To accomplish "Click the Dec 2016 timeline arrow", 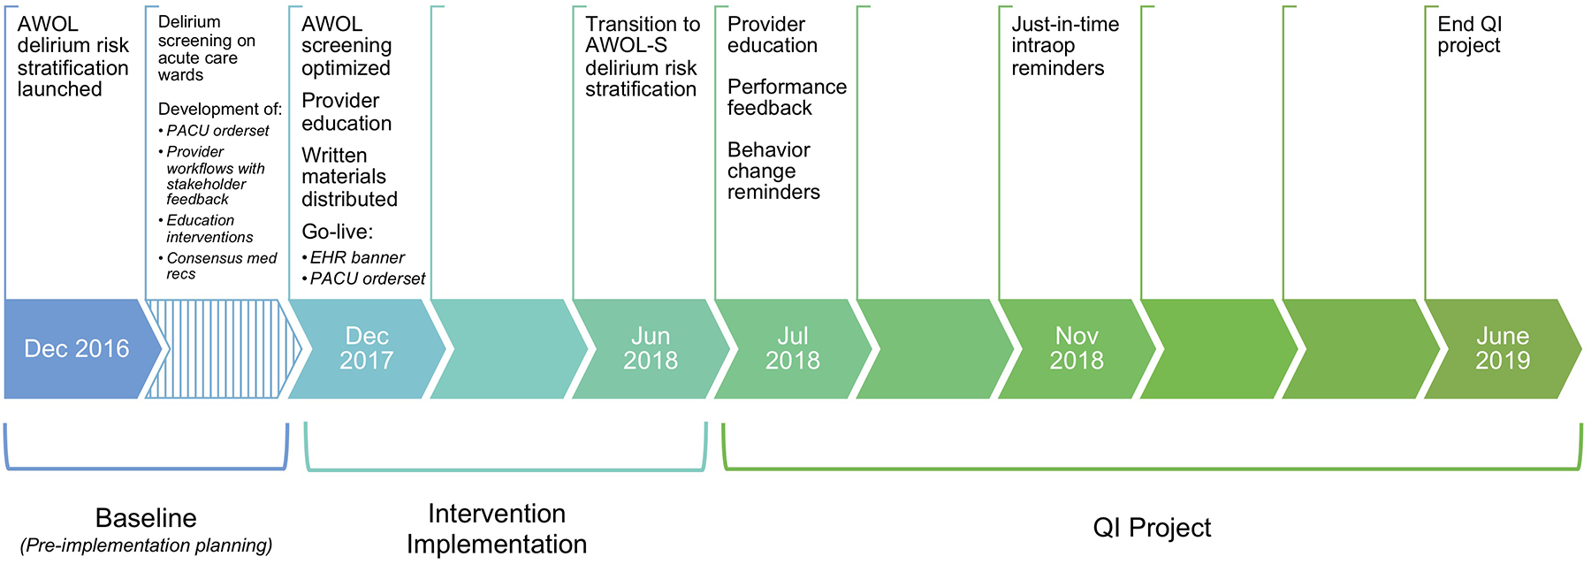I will click(77, 348).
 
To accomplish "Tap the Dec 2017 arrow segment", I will click(366, 348).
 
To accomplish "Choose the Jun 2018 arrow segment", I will click(651, 348).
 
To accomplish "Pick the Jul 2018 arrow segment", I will click(792, 348).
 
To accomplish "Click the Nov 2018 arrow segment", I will click(1076, 348).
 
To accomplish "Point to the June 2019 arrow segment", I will click(1502, 348).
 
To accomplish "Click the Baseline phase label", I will click(146, 518).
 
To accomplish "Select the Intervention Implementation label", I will click(497, 529).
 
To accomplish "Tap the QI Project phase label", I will click(1152, 528).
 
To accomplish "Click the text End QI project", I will click(1469, 35).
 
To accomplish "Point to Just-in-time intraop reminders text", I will click(1064, 46).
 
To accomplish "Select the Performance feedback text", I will click(787, 97).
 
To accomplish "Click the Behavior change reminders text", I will click(773, 171).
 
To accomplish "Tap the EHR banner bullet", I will click(357, 258).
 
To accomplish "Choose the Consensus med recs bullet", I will click(220, 266).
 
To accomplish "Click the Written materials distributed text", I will click(349, 177).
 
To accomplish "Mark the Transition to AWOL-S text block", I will click(642, 57).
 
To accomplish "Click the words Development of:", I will click(220, 110).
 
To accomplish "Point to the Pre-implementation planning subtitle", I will click(146, 545).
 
